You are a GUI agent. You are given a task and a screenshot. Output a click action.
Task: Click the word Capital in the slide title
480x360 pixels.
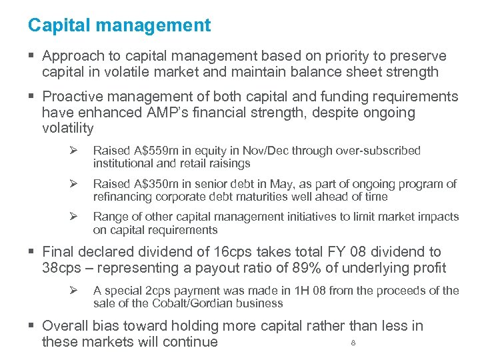[51, 25]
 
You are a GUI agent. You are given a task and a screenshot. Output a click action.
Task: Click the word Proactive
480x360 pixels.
[73, 97]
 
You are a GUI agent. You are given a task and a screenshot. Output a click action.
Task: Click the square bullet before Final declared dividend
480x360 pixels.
[32, 252]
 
